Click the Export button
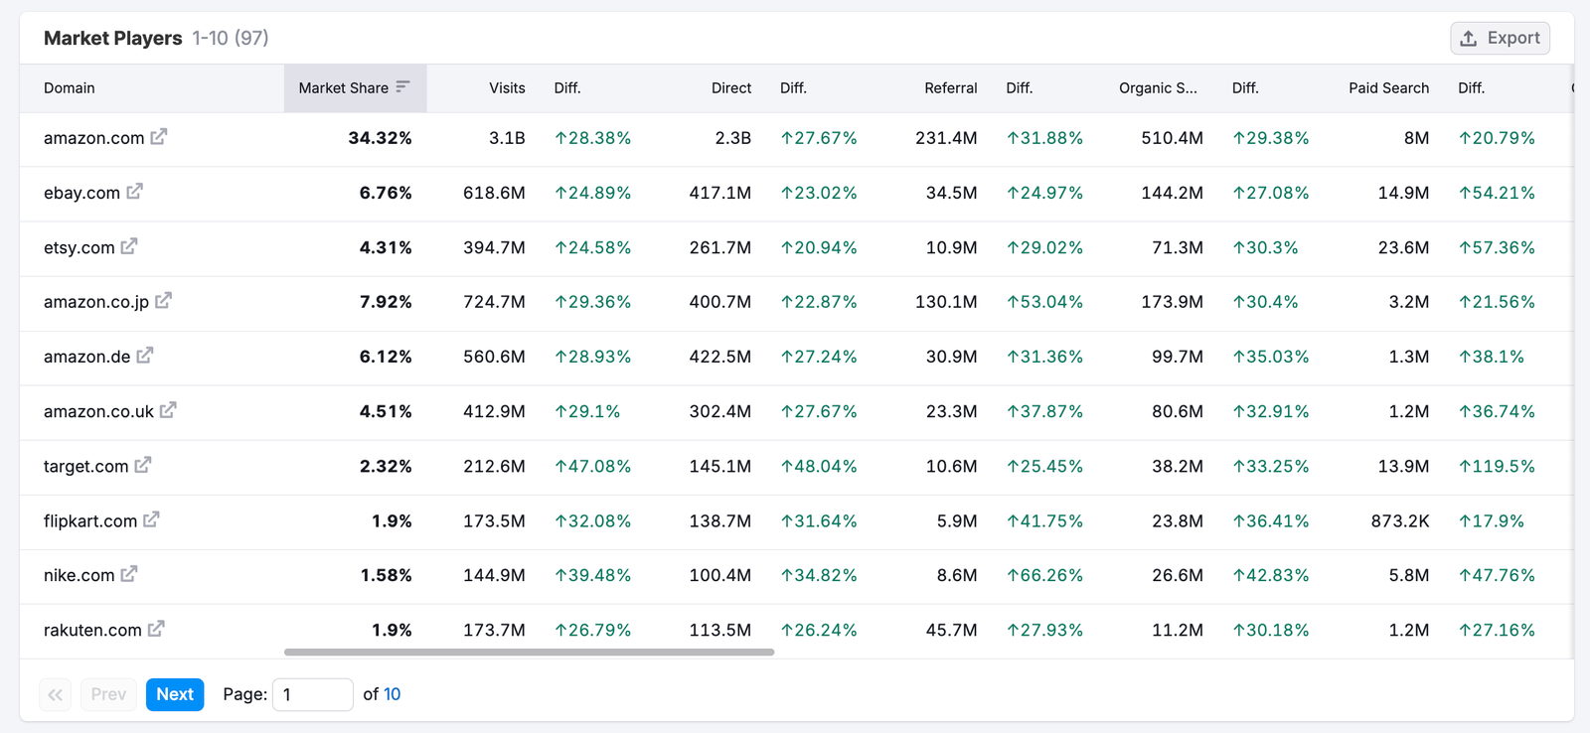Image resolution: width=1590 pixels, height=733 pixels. (x=1500, y=38)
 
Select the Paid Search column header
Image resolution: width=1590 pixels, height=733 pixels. (x=1388, y=88)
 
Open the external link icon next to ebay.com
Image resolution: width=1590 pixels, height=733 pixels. (x=135, y=191)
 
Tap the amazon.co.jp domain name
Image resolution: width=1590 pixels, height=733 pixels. (x=95, y=302)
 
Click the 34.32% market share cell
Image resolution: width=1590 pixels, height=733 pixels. (x=380, y=138)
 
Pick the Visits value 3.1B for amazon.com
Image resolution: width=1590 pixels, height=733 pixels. (x=507, y=138)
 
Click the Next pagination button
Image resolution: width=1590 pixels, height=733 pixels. (x=175, y=694)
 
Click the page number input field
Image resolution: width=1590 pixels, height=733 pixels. (x=312, y=694)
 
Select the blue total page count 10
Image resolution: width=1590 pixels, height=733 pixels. (x=392, y=694)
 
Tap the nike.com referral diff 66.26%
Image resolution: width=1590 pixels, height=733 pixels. (x=1044, y=575)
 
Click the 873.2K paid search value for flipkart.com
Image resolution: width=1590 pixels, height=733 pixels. (x=1399, y=520)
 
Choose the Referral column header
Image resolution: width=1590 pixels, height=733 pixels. (x=950, y=88)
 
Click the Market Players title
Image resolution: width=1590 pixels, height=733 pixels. (x=113, y=38)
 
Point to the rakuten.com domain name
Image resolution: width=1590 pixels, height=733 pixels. (x=92, y=630)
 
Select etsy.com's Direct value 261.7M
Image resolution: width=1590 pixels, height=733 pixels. (x=719, y=247)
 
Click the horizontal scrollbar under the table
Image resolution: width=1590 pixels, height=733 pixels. (x=529, y=653)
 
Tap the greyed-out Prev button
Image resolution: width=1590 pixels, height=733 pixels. (x=108, y=694)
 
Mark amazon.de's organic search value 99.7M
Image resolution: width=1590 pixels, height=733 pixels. (x=1177, y=357)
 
